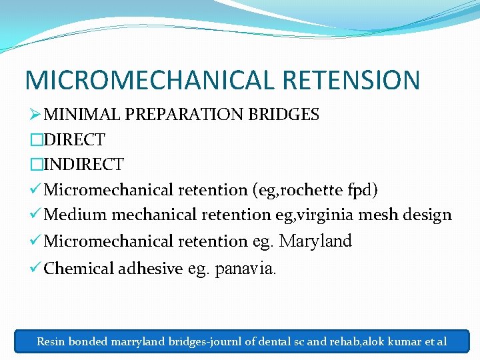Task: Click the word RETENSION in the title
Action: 351,79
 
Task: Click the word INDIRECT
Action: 84,164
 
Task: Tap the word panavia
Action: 245,269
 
